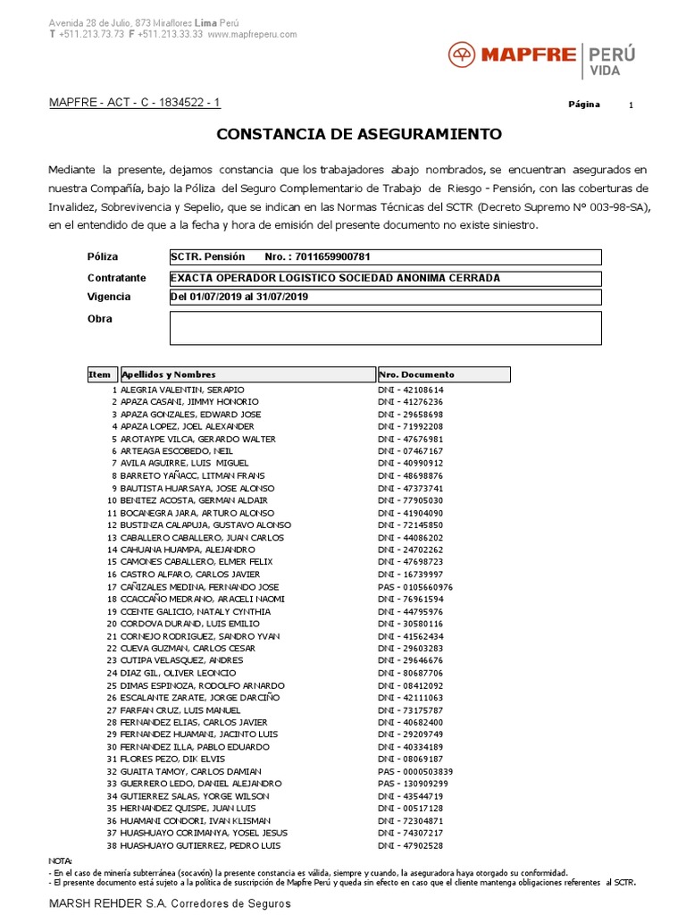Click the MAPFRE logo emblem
463,55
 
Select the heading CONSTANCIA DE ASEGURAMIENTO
359,134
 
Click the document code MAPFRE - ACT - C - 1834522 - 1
134,104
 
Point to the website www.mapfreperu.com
253,34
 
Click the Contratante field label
117,278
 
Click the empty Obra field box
385,328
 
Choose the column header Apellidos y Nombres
169,374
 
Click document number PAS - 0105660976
415,587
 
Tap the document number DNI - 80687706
410,673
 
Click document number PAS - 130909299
413,784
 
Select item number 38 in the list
112,845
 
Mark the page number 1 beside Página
631,105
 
